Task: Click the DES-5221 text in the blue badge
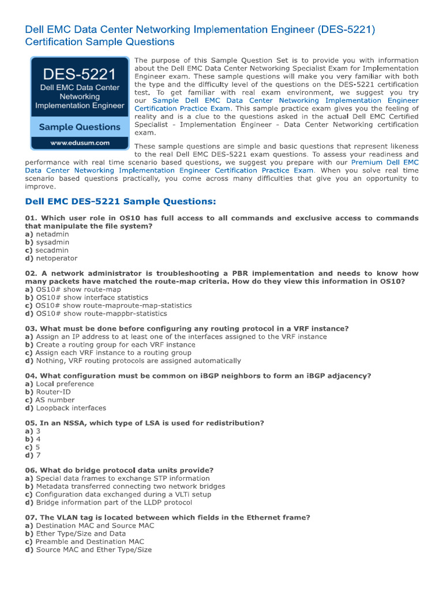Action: click(80, 74)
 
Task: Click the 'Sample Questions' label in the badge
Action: click(80, 127)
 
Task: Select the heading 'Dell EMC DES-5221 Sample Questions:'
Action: click(121, 201)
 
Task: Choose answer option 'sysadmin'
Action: click(52, 242)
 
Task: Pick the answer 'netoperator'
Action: click(57, 259)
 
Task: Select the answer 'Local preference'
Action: click(57, 384)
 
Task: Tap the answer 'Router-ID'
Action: click(53, 392)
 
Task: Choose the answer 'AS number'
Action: click(55, 400)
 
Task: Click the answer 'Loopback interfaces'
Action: click(71, 408)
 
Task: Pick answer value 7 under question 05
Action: click(38, 455)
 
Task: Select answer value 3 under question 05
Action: click(38, 431)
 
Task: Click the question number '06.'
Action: click(31, 470)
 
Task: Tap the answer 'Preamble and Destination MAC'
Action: click(89, 542)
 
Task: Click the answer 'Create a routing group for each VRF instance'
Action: click(115, 345)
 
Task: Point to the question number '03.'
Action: click(31, 328)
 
